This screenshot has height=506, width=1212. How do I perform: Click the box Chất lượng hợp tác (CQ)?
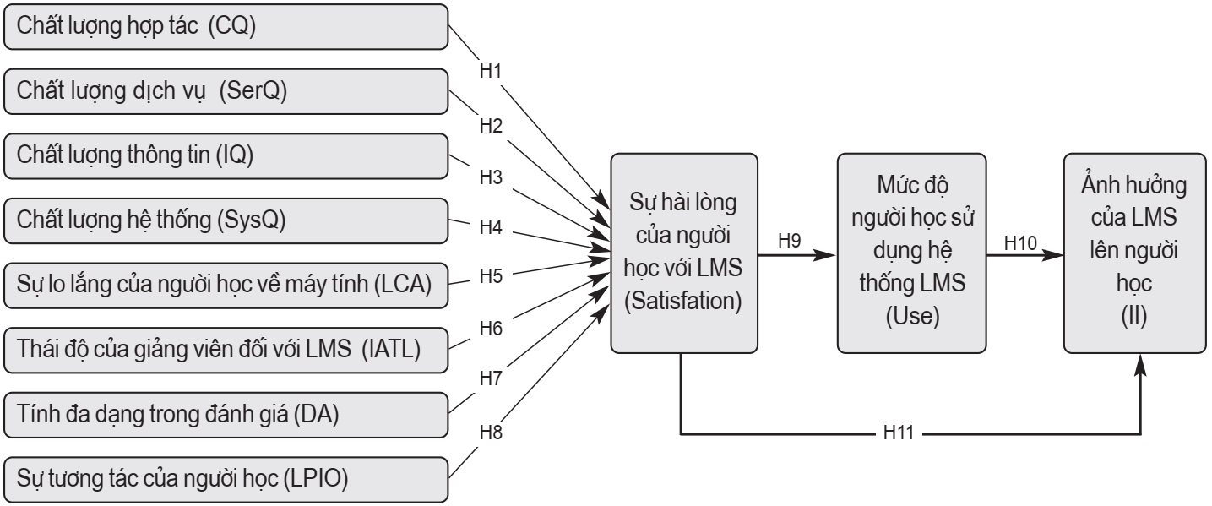(x=225, y=28)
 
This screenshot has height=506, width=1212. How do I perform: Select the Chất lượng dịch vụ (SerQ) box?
(x=225, y=92)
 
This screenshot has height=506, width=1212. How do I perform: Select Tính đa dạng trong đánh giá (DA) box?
(x=225, y=415)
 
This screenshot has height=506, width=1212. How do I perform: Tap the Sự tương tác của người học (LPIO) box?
(x=225, y=479)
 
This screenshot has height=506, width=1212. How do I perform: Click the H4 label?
(x=491, y=227)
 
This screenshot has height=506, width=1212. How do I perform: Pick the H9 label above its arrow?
(x=790, y=241)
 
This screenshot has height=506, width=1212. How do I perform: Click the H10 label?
(x=1020, y=242)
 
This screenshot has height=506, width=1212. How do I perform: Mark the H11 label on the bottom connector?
(x=901, y=435)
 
